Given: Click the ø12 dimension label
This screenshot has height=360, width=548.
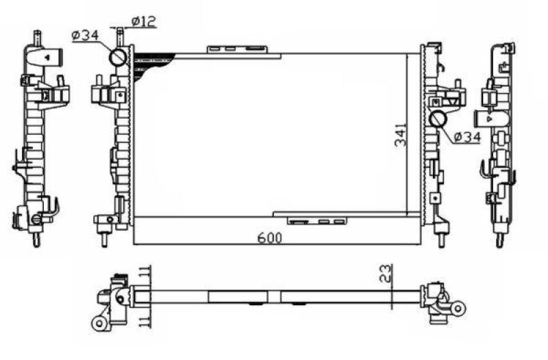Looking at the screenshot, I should pos(144,21).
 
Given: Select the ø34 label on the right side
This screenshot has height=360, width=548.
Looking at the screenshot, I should pos(466,138).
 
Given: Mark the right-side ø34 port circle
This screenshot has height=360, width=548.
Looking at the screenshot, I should pos(438,120).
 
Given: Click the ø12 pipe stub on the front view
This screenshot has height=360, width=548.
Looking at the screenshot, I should pos(121,36).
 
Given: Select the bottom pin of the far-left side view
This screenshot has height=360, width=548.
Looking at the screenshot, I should pos(35,240).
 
